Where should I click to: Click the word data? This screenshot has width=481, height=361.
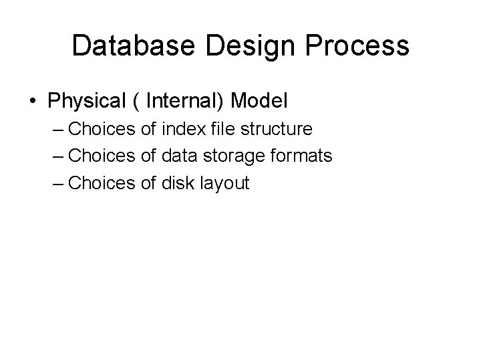coord(178,156)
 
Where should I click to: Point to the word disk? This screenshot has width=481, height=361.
coord(177,183)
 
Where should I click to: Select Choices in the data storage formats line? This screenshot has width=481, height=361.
coord(102,156)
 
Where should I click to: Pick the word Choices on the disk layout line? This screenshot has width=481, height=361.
coord(102,183)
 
